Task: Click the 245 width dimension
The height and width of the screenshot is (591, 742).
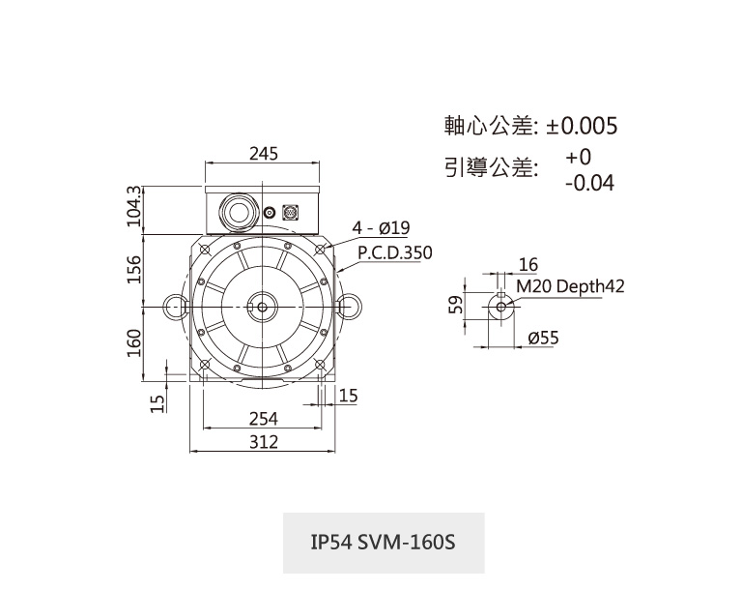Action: point(263,154)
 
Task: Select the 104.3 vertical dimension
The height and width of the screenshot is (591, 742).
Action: point(134,206)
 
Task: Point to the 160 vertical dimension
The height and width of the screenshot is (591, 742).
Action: point(134,340)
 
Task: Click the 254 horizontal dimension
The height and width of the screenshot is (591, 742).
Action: point(263,418)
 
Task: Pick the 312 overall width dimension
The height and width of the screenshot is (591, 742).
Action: point(263,442)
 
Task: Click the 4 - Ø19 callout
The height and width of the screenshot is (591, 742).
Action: point(383,228)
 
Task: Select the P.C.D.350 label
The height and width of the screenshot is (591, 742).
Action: point(395,253)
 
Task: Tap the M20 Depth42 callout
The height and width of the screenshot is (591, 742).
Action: point(570,286)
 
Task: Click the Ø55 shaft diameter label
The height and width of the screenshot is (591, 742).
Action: point(544,338)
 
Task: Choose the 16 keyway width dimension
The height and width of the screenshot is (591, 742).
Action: point(528,265)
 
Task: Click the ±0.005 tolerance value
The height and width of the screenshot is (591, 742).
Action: point(582,127)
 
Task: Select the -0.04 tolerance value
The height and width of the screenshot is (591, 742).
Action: point(589,182)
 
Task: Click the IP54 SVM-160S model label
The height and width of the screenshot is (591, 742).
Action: point(383,542)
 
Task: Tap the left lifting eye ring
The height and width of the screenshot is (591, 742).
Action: point(175,306)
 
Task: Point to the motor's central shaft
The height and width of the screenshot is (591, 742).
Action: point(262,306)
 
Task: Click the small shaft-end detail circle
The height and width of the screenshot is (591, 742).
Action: point(501,306)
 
